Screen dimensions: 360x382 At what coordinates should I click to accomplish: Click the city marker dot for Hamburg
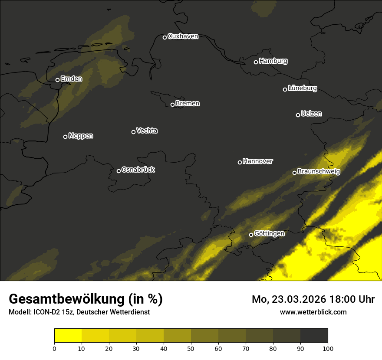click(256, 62)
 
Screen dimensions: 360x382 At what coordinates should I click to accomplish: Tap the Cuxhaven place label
click(183, 36)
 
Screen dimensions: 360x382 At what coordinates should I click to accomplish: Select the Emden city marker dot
click(57, 80)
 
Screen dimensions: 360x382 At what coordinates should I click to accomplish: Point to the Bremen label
click(188, 104)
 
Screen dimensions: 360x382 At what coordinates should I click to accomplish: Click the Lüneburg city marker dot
click(285, 89)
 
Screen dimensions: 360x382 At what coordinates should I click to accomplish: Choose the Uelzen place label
click(311, 114)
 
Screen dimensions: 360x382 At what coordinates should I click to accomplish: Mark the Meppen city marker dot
click(65, 137)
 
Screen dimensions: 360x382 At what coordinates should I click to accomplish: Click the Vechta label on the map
click(147, 131)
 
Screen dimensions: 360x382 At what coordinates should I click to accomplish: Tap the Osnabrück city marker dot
click(119, 171)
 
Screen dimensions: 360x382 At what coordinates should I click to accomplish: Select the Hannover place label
click(258, 161)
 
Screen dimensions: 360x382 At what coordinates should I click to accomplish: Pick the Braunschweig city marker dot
click(294, 173)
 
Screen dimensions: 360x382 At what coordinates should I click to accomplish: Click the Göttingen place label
click(269, 234)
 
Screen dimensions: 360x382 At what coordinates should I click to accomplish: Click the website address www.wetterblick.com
click(313, 312)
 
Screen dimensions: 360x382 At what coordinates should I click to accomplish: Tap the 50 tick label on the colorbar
click(191, 348)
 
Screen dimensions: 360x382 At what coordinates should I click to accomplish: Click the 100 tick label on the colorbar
click(328, 348)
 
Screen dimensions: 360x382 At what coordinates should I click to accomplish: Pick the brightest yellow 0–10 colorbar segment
click(68, 336)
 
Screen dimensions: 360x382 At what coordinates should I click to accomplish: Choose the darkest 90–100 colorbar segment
click(314, 336)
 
